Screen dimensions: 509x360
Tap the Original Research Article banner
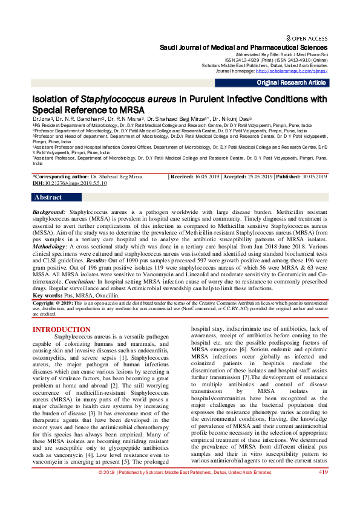click(x=292, y=83)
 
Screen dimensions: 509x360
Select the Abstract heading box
click(x=48, y=197)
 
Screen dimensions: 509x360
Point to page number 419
click(x=323, y=488)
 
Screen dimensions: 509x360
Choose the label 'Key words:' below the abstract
click(x=49, y=295)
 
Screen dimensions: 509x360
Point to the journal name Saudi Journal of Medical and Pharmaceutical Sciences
click(x=243, y=47)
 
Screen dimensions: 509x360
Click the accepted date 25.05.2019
click(x=261, y=177)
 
